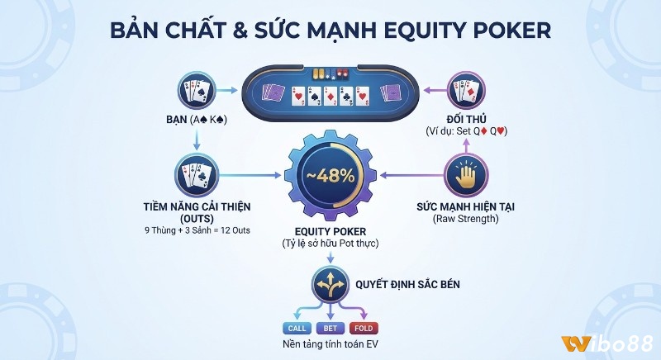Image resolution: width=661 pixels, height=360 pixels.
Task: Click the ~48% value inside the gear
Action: coord(330,176)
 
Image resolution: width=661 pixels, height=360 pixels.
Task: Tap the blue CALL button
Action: coord(296,328)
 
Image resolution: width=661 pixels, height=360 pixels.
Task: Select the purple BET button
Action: coord(330,328)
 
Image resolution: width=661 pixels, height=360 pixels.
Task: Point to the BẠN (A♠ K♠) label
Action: coord(195,121)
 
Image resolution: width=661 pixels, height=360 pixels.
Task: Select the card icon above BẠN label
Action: coord(196,91)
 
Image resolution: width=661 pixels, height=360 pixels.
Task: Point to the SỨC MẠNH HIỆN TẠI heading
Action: coord(464,206)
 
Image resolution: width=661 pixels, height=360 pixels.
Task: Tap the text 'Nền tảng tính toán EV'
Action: coord(330,344)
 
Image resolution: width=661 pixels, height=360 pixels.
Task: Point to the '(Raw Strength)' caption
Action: coord(464,220)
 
